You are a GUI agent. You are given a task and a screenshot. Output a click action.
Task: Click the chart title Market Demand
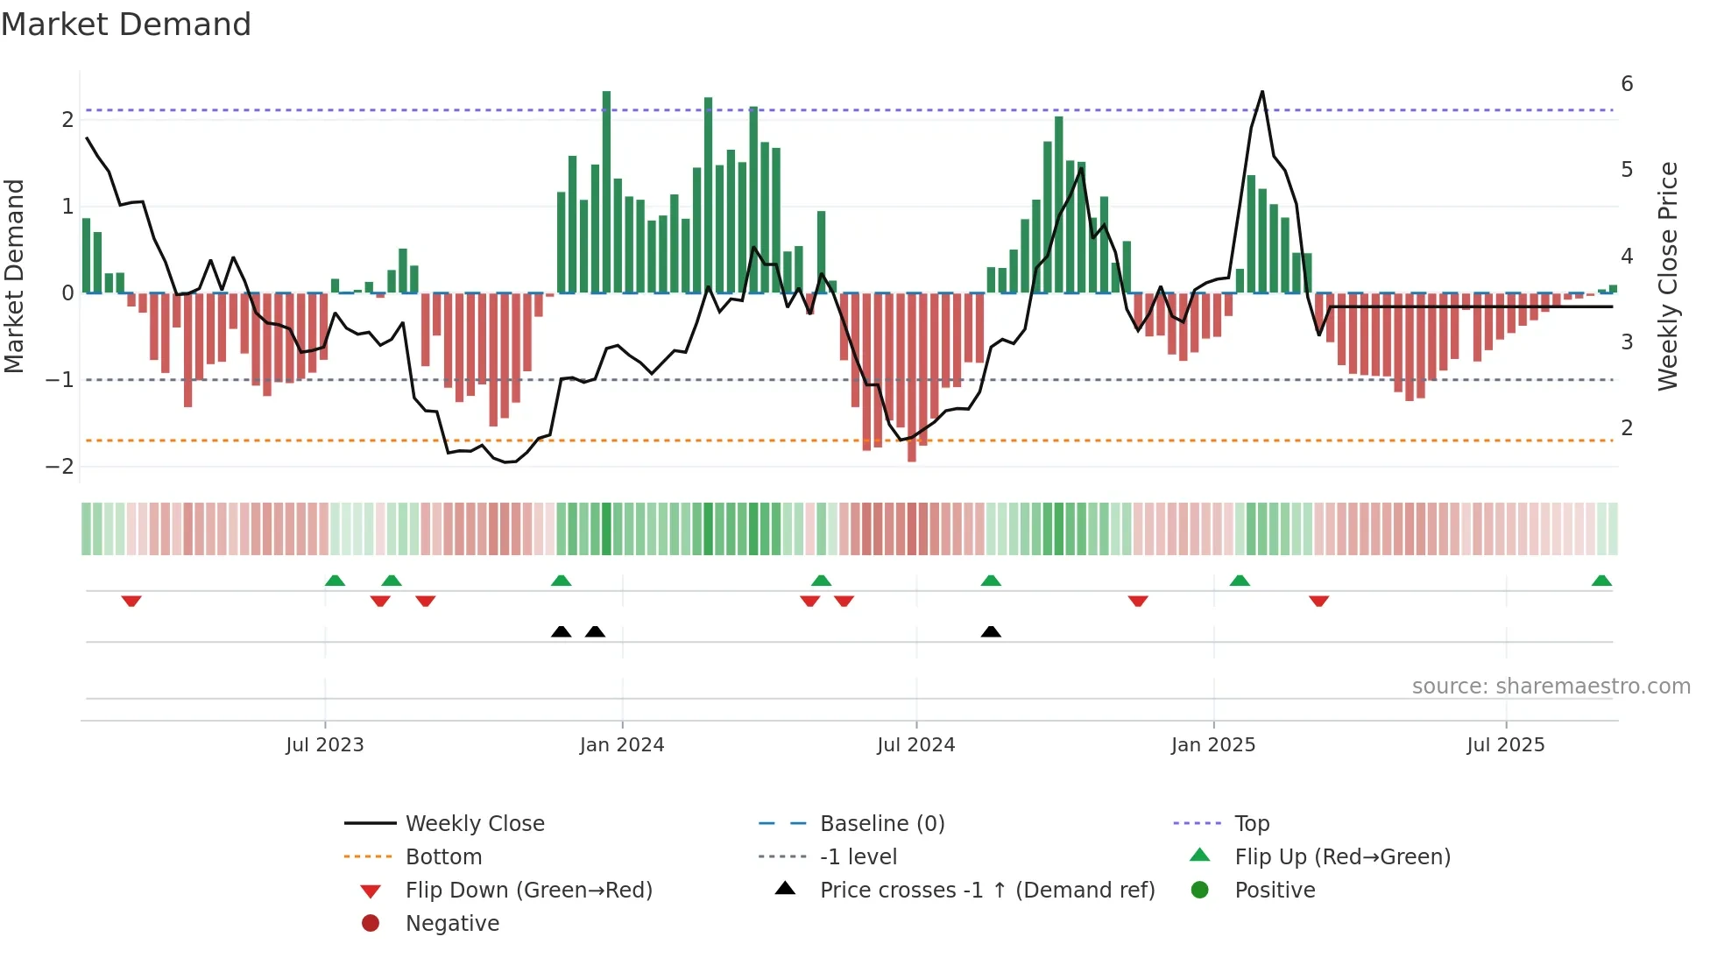126,24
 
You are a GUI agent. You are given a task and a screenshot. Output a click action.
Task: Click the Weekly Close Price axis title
1668,276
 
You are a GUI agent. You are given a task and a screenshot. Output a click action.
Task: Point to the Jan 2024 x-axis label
622,745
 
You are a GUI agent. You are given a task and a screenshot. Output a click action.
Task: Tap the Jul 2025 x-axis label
1505,745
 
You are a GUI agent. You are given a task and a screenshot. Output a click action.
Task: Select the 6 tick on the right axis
1627,84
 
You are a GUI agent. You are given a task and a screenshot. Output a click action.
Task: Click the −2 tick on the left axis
60,466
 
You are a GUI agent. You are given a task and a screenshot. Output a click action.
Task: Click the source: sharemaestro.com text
1551,686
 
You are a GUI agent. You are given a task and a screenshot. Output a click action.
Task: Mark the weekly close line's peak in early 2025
1261,92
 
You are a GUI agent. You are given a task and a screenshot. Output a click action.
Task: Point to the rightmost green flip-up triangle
1601,581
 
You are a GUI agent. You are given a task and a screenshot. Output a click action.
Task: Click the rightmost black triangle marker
991,631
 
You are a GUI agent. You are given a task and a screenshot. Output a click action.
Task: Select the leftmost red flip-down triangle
131,601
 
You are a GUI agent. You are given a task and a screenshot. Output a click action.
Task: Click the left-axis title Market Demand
14,276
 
